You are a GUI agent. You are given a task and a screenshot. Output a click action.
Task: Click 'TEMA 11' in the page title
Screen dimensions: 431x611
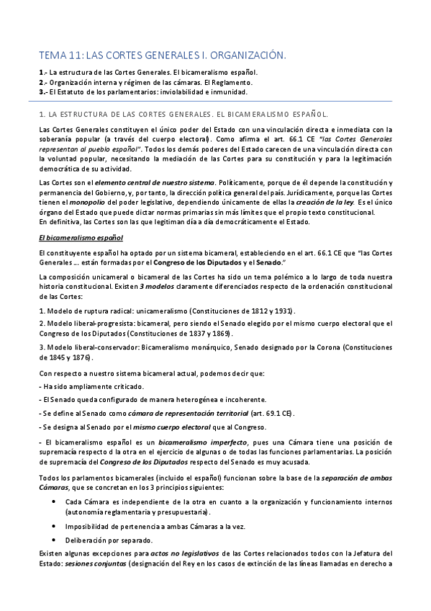(61, 55)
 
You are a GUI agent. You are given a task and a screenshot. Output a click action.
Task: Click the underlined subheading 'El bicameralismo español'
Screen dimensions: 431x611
(81, 237)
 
